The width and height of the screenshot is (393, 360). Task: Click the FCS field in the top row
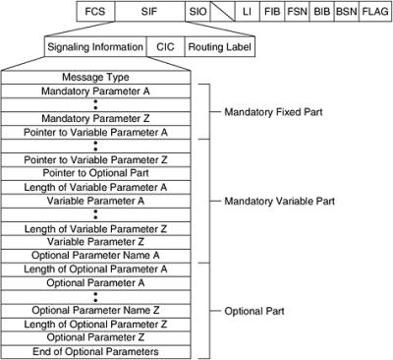[x=93, y=13]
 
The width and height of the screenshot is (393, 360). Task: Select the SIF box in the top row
[x=146, y=13]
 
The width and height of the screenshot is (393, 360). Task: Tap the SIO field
[x=197, y=13]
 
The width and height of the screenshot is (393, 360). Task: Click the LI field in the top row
[x=248, y=13]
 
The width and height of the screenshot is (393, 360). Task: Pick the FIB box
[x=272, y=13]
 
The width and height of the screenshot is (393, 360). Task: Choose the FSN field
[x=298, y=13]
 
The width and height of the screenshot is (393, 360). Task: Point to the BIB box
[x=322, y=13]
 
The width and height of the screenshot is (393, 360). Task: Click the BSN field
[x=347, y=13]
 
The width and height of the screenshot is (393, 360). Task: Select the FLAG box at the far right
[x=374, y=13]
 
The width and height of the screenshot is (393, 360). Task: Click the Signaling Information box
[x=95, y=45]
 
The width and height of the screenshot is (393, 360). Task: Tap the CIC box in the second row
[x=162, y=45]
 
